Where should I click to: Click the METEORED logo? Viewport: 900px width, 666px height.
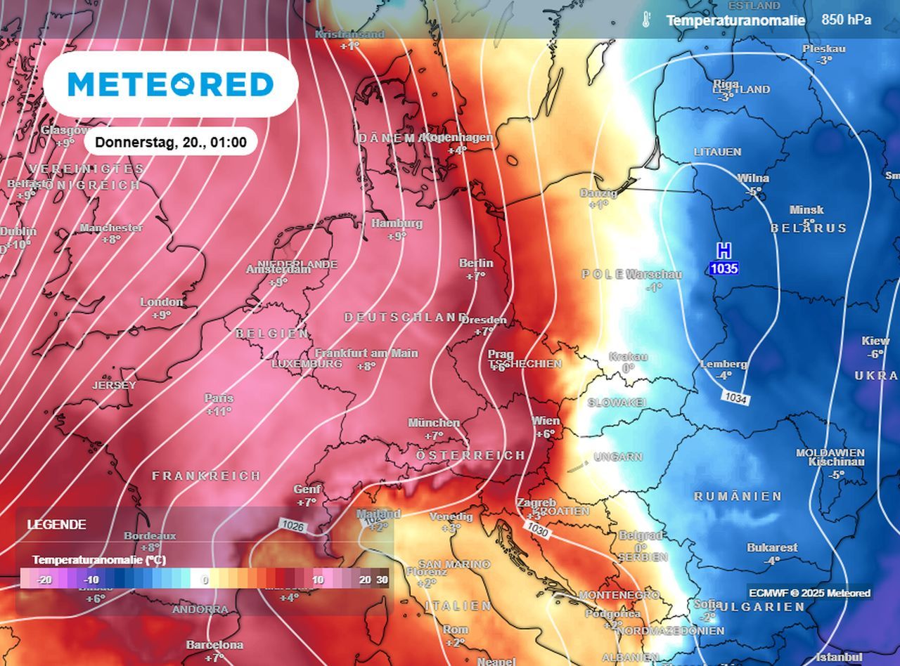pyautogui.click(x=170, y=84)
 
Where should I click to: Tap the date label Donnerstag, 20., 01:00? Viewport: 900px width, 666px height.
pyautogui.click(x=171, y=143)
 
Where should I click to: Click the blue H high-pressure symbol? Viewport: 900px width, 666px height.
pyautogui.click(x=724, y=250)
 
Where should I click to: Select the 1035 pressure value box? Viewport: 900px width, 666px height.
pyautogui.click(x=724, y=268)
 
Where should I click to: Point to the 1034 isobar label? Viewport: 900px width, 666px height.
pyautogui.click(x=735, y=399)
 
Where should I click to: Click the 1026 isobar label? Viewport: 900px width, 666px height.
pyautogui.click(x=292, y=524)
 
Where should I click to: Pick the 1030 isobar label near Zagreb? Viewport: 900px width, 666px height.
pyautogui.click(x=538, y=527)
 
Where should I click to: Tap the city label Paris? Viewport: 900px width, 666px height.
pyautogui.click(x=219, y=398)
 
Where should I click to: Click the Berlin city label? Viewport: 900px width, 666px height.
pyautogui.click(x=476, y=263)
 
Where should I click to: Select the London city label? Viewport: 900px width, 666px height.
pyautogui.click(x=162, y=302)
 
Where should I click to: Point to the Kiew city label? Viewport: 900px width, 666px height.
pyautogui.click(x=875, y=341)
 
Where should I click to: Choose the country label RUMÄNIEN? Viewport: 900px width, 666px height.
pyautogui.click(x=738, y=497)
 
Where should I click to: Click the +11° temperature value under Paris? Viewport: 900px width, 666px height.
pyautogui.click(x=219, y=412)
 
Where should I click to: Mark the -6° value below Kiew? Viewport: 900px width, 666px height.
pyautogui.click(x=875, y=354)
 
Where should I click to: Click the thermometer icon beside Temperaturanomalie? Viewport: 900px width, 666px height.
pyautogui.click(x=645, y=20)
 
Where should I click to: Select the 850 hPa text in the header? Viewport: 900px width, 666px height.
pyautogui.click(x=846, y=20)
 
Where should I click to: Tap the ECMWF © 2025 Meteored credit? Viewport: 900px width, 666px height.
pyautogui.click(x=809, y=593)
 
